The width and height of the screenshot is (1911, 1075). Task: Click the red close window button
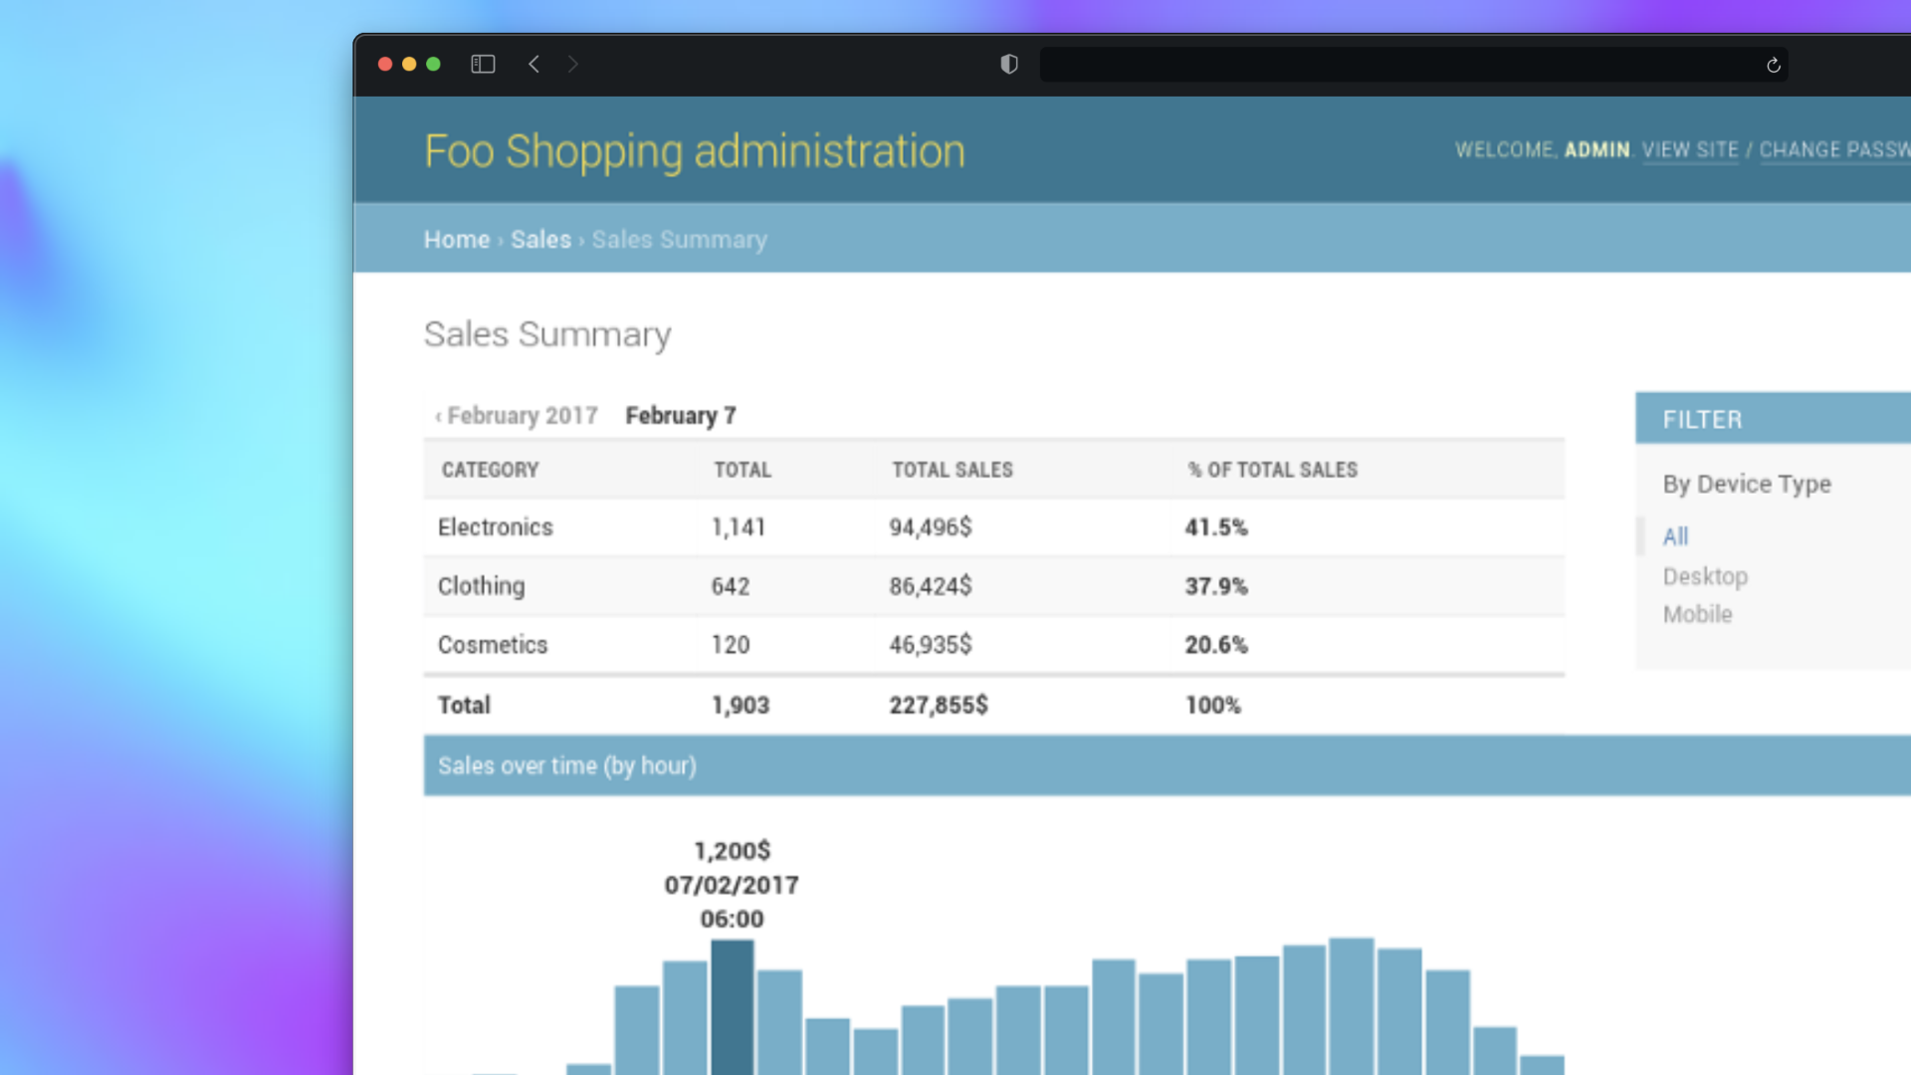coord(385,65)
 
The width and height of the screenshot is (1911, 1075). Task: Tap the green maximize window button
coord(433,65)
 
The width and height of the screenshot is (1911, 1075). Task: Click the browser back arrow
coord(534,65)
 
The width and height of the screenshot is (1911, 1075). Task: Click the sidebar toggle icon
coord(483,65)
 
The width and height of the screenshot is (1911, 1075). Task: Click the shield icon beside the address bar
coord(1009,65)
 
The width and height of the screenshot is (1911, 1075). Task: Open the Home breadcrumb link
coord(457,240)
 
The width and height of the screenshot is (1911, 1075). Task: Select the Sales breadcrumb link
coord(540,240)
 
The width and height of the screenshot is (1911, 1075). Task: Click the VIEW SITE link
coord(1690,150)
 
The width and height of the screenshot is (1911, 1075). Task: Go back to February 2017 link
coord(517,416)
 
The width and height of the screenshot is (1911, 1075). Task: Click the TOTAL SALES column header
coord(952,470)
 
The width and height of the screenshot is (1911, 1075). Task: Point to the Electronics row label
coord(496,528)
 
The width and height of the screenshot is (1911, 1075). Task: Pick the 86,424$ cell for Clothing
coord(931,586)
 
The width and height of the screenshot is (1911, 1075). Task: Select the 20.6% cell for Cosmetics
coord(1216,645)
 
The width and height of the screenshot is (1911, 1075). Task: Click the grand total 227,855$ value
coord(939,706)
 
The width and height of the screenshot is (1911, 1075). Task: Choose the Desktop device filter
coord(1705,576)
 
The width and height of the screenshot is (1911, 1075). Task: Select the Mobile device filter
coord(1697,614)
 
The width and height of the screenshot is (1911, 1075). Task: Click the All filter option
coord(1675,537)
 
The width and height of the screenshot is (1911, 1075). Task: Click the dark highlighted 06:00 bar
coord(733,1007)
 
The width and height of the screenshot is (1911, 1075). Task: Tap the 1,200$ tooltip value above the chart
coord(733,851)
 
